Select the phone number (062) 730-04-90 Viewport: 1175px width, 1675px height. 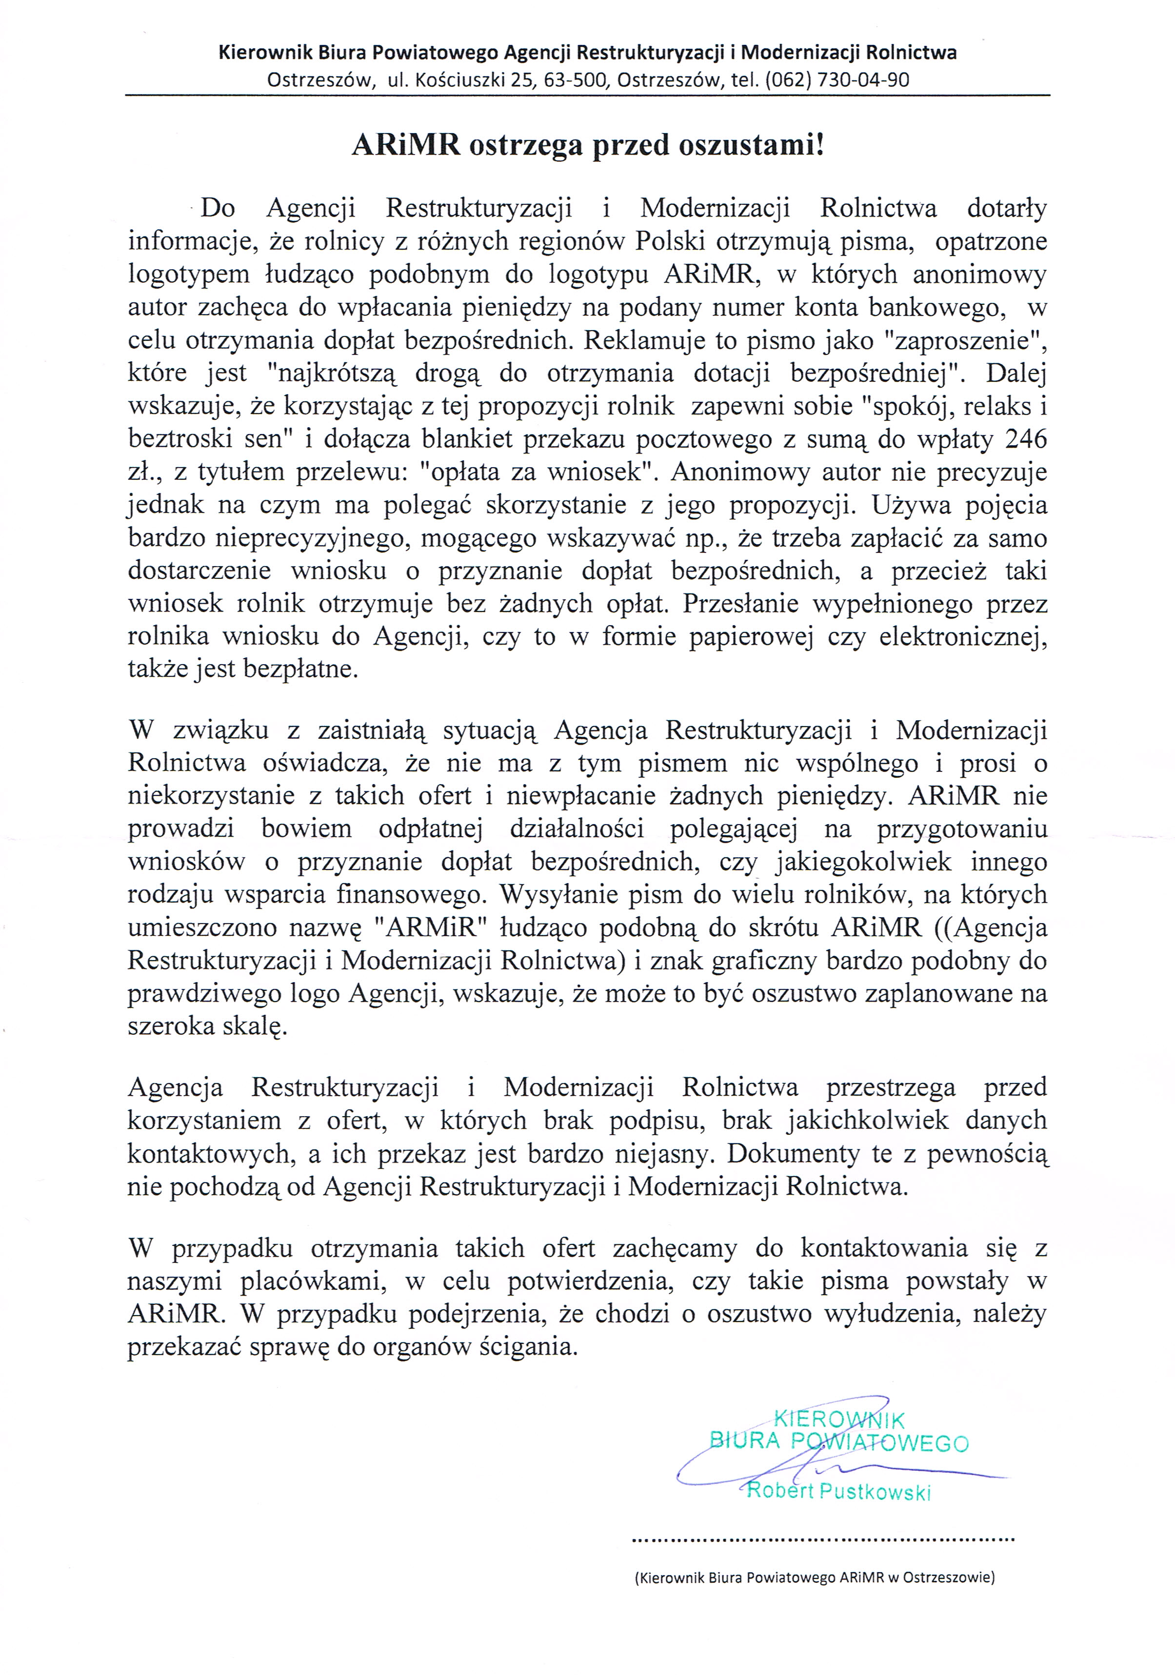[836, 79]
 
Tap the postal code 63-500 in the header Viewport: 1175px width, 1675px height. [576, 79]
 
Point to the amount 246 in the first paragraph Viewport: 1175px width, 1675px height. [1025, 439]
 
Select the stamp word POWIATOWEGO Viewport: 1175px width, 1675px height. [880, 1442]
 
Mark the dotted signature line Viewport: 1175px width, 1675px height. [822, 1540]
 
